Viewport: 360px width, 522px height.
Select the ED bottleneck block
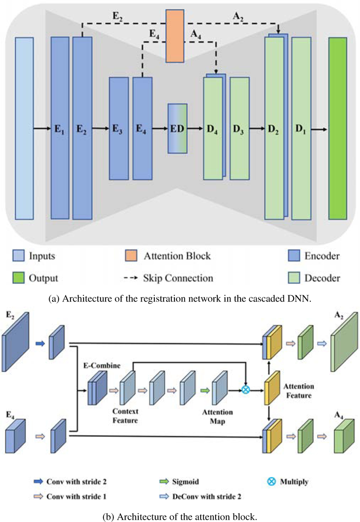177,128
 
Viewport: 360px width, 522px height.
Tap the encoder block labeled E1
60,128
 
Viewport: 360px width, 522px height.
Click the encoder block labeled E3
118,128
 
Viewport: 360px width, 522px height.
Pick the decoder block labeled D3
239,128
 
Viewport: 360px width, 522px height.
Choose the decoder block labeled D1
301,128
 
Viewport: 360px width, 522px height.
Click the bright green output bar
337,128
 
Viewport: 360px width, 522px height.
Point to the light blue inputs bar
24,128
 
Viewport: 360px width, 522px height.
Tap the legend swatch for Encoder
294,256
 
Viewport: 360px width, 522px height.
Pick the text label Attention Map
218,415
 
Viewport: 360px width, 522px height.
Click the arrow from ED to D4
195,129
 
